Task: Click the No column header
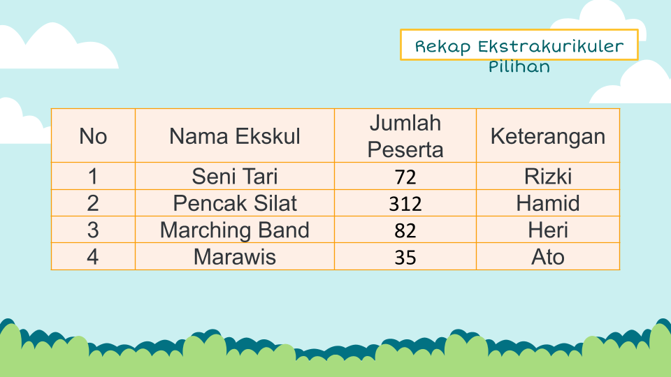(93, 136)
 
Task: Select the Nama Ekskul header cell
(235, 136)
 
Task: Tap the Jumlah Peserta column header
(405, 136)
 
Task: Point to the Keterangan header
(548, 136)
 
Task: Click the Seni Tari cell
(235, 176)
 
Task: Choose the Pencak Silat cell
(235, 203)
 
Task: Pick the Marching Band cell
(235, 230)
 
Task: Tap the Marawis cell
(235, 257)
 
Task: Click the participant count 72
(405, 177)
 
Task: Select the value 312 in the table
(405, 204)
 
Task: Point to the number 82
(405, 231)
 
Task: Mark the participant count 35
(405, 258)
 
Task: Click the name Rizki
(548, 176)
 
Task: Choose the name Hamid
(548, 203)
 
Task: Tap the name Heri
(548, 230)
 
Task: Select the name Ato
(548, 257)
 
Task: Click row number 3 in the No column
(93, 230)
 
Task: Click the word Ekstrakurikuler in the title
(551, 46)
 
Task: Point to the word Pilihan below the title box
(519, 66)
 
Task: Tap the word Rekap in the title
(443, 47)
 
